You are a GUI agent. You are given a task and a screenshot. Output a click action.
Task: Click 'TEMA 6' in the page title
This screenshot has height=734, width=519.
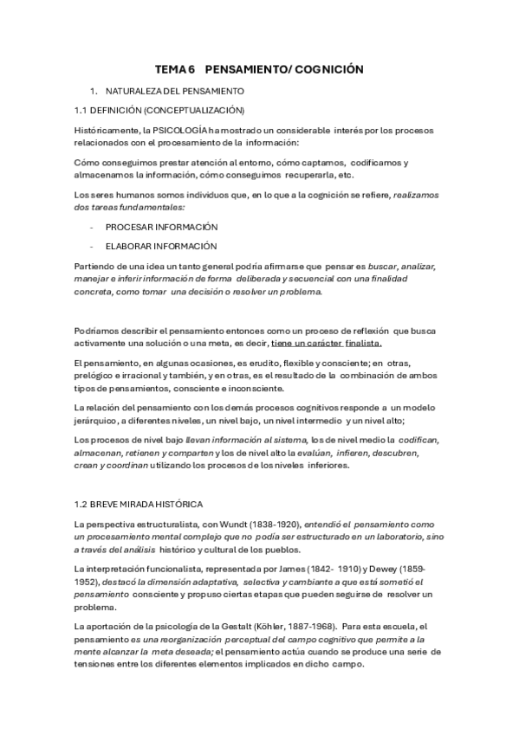click(176, 68)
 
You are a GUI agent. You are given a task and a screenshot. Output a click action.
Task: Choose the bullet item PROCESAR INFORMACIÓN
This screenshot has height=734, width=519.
click(161, 226)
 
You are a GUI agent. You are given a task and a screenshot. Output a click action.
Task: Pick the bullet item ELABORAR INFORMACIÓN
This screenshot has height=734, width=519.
click(161, 245)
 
